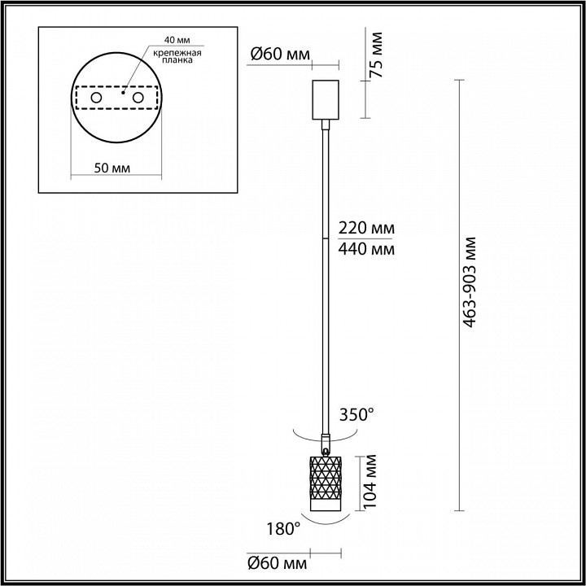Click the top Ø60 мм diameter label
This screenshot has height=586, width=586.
point(280,55)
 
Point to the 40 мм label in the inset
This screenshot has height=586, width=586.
point(175,40)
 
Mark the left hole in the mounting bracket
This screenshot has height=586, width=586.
point(96,98)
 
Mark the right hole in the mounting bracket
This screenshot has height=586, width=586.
point(138,98)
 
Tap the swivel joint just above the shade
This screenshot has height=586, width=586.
point(326,447)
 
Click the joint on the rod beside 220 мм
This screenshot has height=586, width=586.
point(326,236)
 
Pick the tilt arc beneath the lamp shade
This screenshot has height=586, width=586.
point(326,518)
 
